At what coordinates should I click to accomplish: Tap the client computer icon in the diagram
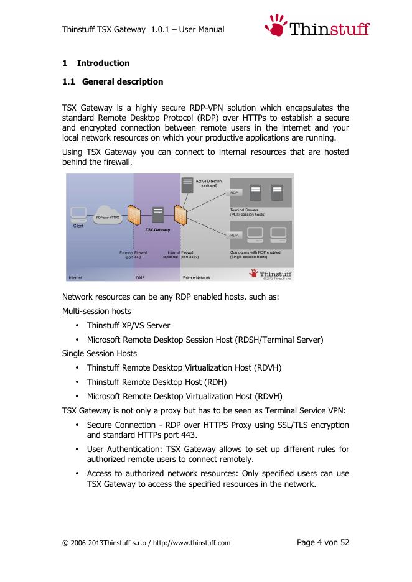[78, 215]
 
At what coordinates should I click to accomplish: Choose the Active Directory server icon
[187, 185]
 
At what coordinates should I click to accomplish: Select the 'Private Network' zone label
[196, 277]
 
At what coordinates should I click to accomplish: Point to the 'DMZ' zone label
[141, 277]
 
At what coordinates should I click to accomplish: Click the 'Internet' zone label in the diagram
[74, 277]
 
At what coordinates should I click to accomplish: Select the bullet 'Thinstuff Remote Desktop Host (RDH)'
[156, 382]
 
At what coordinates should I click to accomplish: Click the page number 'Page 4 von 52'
[323, 542]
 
